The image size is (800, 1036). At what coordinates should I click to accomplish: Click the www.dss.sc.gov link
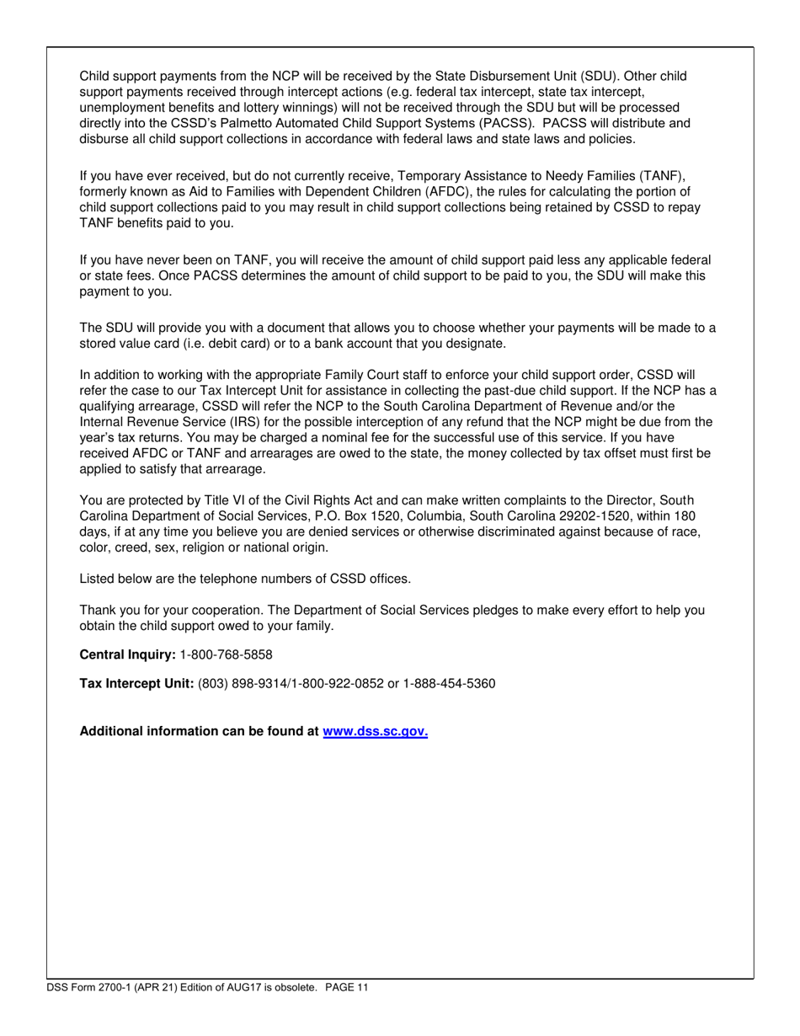(376, 732)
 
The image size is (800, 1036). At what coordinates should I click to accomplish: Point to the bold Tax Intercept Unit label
(136, 684)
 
